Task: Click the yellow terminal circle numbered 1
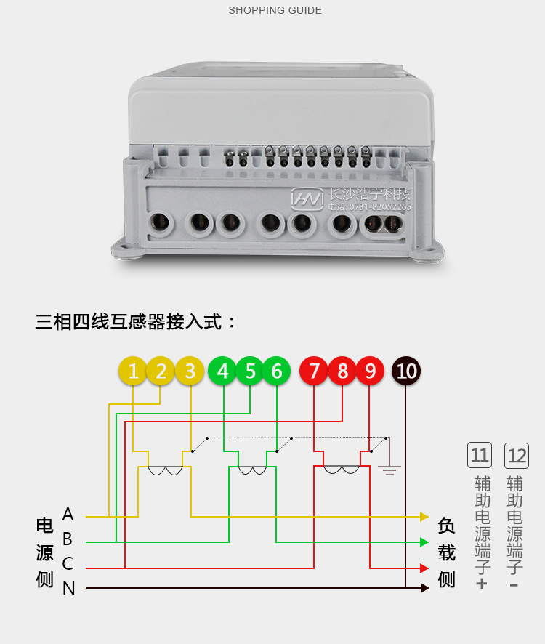point(133,371)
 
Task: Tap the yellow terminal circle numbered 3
point(190,371)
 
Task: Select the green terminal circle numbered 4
point(222,371)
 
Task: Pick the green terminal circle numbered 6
point(277,371)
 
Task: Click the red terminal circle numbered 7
point(314,371)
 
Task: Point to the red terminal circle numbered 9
point(370,371)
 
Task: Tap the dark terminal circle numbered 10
point(406,371)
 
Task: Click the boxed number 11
point(480,456)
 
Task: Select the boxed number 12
point(517,456)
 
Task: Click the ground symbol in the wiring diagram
point(389,470)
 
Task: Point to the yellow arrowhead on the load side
point(424,517)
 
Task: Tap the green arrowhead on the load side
point(424,542)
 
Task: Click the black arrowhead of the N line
point(424,588)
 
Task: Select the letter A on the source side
point(68,515)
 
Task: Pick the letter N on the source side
point(69,589)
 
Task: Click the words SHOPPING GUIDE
point(275,10)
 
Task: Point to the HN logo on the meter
point(307,197)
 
